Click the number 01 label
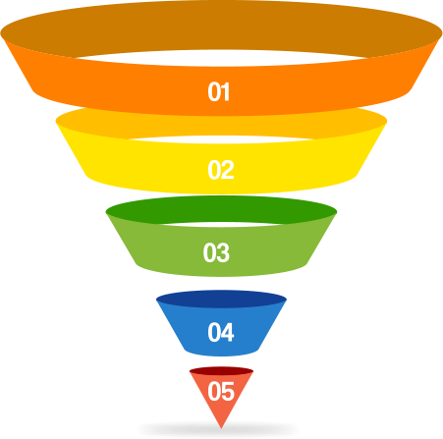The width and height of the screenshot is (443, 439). pyautogui.click(x=219, y=91)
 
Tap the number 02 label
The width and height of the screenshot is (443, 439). pyautogui.click(x=221, y=170)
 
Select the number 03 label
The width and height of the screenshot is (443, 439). pyautogui.click(x=216, y=252)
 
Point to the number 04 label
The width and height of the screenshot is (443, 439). pyautogui.click(x=221, y=332)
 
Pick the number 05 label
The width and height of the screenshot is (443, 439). pyautogui.click(x=221, y=391)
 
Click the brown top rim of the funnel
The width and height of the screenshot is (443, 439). pyautogui.click(x=221, y=20)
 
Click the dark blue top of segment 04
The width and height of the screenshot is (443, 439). pyautogui.click(x=221, y=299)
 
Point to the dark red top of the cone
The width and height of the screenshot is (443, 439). pyautogui.click(x=221, y=371)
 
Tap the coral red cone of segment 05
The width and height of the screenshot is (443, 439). pyautogui.click(x=221, y=410)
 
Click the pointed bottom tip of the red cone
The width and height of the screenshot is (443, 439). pyautogui.click(x=221, y=428)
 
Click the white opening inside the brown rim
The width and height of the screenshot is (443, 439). pyautogui.click(x=221, y=58)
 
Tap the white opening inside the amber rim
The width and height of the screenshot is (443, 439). pyautogui.click(x=221, y=139)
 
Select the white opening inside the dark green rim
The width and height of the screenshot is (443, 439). pyautogui.click(x=221, y=225)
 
